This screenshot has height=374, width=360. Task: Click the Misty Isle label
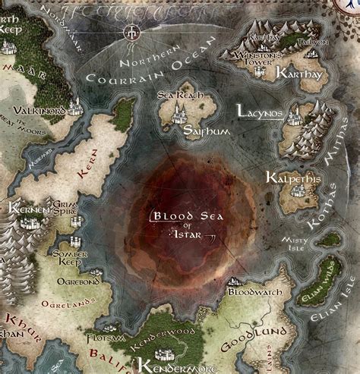coord(296,240)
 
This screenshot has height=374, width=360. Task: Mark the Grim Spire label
coord(71,209)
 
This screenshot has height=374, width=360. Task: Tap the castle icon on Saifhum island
coord(182,114)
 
